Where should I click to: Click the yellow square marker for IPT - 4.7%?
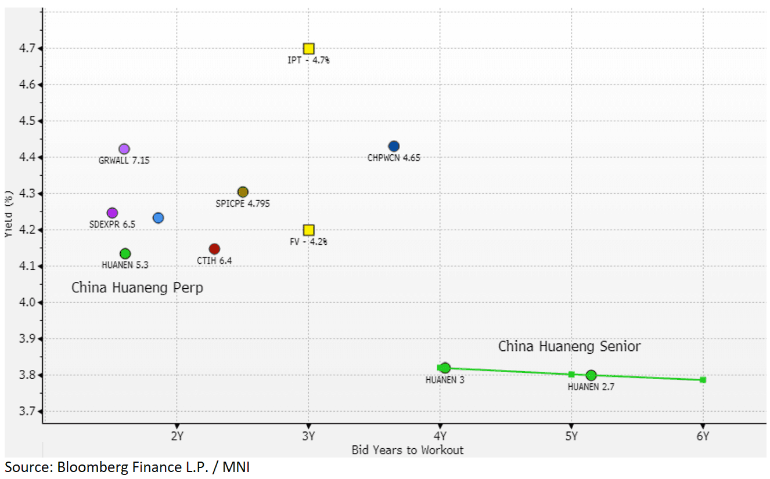click(308, 49)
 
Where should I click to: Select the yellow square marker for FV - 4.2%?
click(308, 230)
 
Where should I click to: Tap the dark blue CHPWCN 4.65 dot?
click(394, 146)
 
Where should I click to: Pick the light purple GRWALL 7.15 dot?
click(124, 149)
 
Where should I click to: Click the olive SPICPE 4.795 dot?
click(243, 192)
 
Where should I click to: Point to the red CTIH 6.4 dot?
click(214, 249)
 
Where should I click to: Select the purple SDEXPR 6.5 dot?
click(112, 213)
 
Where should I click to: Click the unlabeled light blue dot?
click(158, 217)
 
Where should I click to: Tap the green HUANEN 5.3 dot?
click(125, 253)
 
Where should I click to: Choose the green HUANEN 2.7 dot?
click(591, 375)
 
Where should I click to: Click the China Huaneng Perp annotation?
click(137, 288)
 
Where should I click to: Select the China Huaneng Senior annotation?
click(569, 347)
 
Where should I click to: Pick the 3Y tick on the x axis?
click(308, 436)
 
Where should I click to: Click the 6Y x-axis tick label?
click(703, 436)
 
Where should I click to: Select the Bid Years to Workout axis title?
click(408, 449)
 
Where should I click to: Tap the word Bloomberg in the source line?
click(93, 467)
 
